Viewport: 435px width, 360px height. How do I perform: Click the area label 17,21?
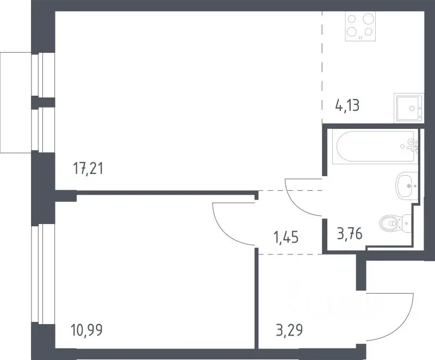(88, 169)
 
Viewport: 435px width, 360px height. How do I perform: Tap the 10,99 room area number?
(87, 330)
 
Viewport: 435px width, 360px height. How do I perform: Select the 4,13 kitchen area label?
(347, 105)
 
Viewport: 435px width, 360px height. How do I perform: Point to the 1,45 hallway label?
(286, 238)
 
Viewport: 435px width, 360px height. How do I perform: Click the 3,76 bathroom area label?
(350, 234)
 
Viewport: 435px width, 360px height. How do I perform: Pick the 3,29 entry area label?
(289, 330)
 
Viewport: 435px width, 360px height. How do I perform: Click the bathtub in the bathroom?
(375, 147)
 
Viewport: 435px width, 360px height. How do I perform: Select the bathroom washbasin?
(407, 185)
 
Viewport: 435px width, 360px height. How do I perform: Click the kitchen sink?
(409, 108)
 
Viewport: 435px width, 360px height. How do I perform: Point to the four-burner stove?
(361, 26)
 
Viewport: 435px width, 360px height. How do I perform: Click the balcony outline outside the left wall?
(1, 103)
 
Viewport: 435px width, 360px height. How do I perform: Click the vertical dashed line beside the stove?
(322, 67)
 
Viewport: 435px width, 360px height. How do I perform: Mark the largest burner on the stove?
(369, 18)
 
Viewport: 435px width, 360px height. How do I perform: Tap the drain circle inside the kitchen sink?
(412, 108)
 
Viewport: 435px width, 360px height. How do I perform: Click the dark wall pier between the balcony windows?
(43, 102)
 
